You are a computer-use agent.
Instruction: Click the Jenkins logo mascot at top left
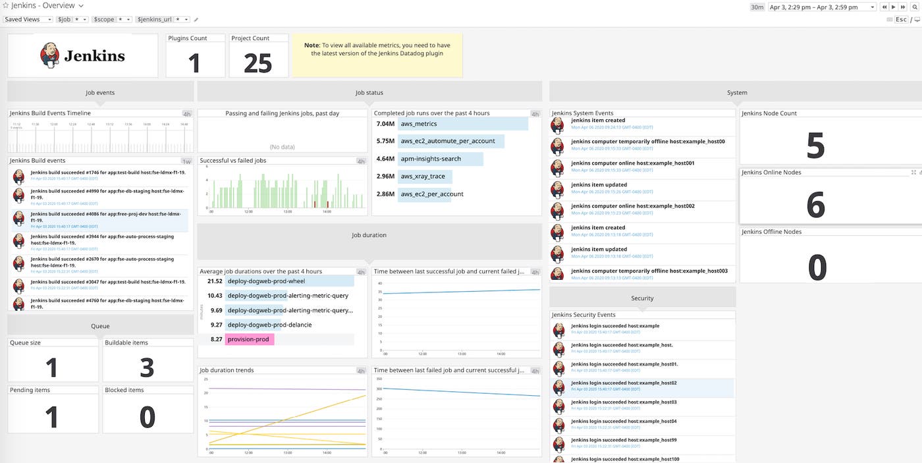(49, 55)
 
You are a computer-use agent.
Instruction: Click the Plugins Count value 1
(194, 63)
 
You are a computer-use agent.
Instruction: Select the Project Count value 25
(258, 63)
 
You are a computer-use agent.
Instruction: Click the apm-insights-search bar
(440, 159)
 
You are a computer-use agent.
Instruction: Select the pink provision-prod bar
(250, 339)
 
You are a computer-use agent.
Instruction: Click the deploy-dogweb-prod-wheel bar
(289, 281)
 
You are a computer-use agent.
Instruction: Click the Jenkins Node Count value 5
(815, 146)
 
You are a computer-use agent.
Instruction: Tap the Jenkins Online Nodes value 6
(815, 205)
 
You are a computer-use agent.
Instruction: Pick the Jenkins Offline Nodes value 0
(817, 267)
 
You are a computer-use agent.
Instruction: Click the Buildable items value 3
(147, 368)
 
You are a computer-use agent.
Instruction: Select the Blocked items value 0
(147, 417)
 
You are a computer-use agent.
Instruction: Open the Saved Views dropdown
(28, 20)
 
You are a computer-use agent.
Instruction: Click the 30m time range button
(757, 7)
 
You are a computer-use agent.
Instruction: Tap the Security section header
(641, 298)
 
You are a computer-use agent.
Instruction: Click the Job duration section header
(369, 235)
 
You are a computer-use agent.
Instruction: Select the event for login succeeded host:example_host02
(641, 387)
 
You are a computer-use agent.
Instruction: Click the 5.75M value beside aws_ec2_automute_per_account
(385, 142)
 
